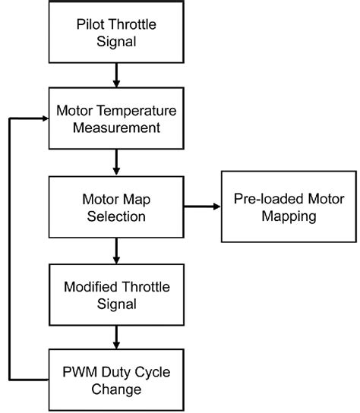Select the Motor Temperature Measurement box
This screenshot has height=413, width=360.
point(116,118)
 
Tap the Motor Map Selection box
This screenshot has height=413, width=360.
point(116,206)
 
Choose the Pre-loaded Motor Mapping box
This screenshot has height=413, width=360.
point(288,206)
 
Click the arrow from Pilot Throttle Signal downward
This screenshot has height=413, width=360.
point(116,75)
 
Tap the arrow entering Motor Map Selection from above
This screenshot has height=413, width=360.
point(116,162)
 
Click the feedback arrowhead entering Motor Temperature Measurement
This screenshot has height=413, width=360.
point(43,118)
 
